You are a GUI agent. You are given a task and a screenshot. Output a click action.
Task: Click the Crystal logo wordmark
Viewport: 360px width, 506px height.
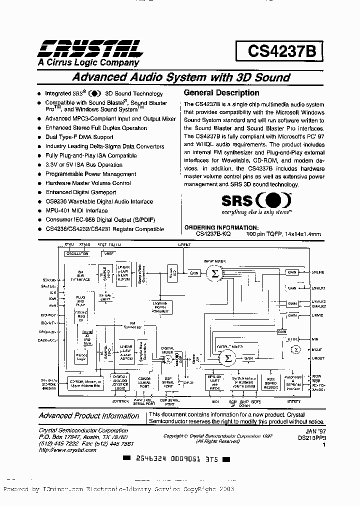pyautogui.click(x=88, y=48)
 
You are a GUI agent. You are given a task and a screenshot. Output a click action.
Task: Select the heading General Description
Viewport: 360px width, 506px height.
pyautogui.click(x=221, y=92)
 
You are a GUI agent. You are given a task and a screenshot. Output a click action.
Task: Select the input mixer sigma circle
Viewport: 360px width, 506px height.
pyautogui.click(x=215, y=273)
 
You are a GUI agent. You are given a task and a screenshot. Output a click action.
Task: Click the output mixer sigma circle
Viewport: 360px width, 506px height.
pyautogui.click(x=227, y=358)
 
